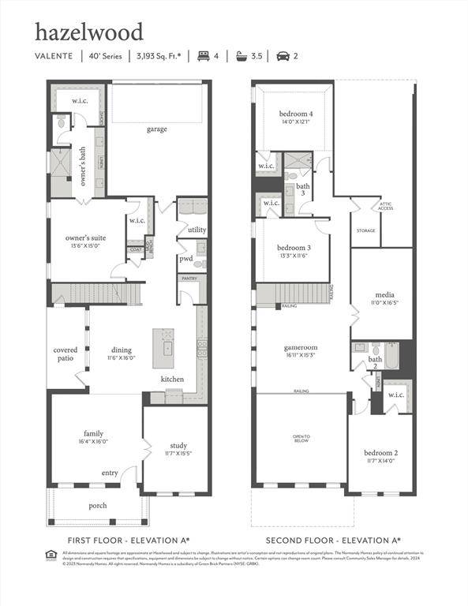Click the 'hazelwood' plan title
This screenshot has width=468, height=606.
click(x=88, y=32)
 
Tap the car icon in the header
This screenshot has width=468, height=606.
click(x=283, y=56)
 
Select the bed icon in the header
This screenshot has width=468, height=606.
click(x=204, y=56)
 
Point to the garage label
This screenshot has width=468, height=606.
click(x=156, y=129)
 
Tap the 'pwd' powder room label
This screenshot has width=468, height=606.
click(x=186, y=258)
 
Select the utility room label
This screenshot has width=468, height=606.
click(x=197, y=230)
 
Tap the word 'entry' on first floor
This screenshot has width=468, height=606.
click(x=109, y=473)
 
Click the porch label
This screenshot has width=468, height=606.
click(x=97, y=506)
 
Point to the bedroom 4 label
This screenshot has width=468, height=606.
click(x=294, y=118)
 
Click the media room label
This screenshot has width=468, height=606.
click(x=384, y=299)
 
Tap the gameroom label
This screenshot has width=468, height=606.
click(x=300, y=350)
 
